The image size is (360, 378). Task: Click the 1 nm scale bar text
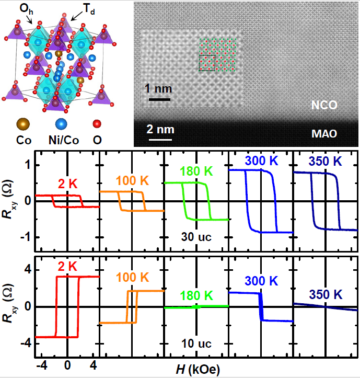pyautogui.click(x=157, y=87)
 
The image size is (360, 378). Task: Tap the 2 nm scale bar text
pyautogui.click(x=160, y=129)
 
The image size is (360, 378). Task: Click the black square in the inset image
pyautogui.click(x=207, y=63)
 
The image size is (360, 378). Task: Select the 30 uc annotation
pyautogui.click(x=196, y=236)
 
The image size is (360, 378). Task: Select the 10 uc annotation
pyautogui.click(x=196, y=345)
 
